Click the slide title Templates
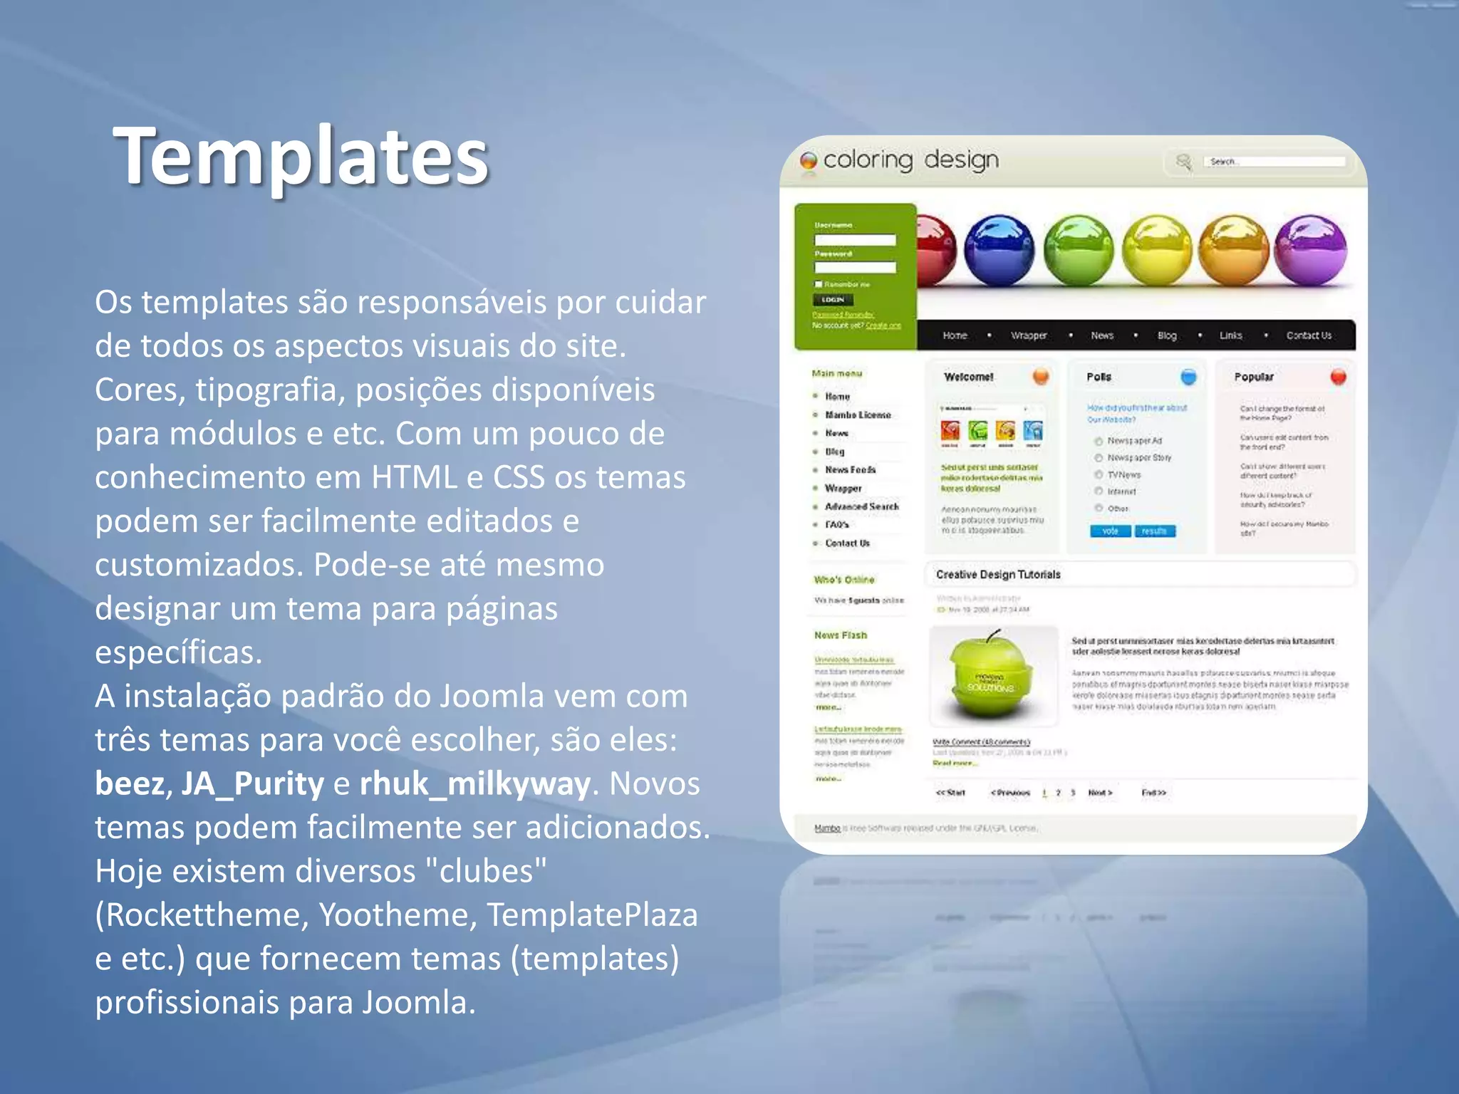[x=300, y=156]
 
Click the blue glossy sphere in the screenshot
[x=999, y=250]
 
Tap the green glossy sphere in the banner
[x=1078, y=250]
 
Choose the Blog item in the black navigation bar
[x=1167, y=335]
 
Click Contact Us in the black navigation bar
[x=1308, y=335]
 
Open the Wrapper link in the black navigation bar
[x=1029, y=335]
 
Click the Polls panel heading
[x=1099, y=377]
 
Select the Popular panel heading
[x=1254, y=377]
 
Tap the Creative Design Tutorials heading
[x=997, y=575]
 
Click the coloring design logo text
[x=910, y=160]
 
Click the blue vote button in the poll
[x=1110, y=531]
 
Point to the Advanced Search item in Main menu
[x=861, y=506]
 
